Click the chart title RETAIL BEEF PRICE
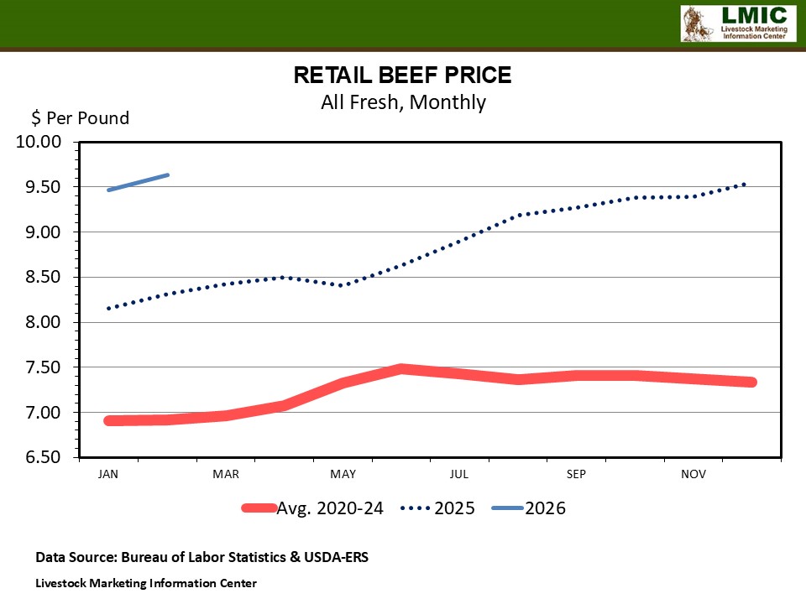pos(402,75)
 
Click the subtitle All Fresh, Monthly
pos(402,102)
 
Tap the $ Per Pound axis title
pos(81,118)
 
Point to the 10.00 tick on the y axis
pos(39,142)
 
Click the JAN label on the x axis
pos(108,475)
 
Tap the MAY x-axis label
pos(343,475)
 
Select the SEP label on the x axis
pos(576,475)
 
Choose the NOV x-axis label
pos(693,475)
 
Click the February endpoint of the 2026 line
pos(168,175)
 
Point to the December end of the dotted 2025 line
pos(744,184)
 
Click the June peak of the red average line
pos(402,368)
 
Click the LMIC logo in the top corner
pos(736,23)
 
